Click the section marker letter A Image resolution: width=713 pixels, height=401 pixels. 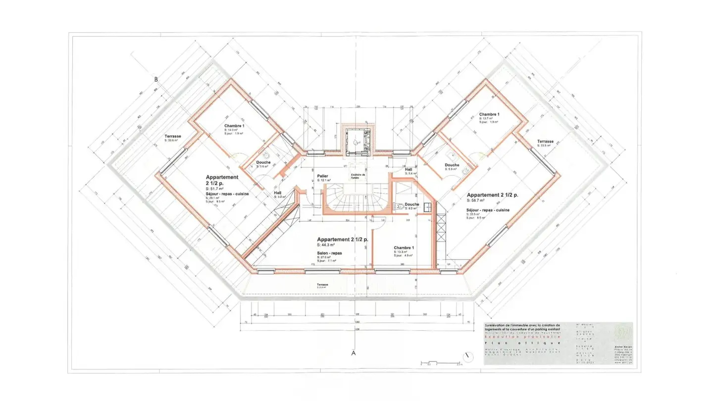pyautogui.click(x=354, y=353)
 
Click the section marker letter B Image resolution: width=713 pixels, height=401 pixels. pyautogui.click(x=155, y=79)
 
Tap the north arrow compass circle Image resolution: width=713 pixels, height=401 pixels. pyautogui.click(x=466, y=356)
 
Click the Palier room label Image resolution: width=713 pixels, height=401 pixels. pyautogui.click(x=322, y=176)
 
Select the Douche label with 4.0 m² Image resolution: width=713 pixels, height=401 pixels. pyautogui.click(x=411, y=204)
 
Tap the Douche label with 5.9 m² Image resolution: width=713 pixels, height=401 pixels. pyautogui.click(x=452, y=165)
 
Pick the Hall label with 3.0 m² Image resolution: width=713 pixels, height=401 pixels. pyautogui.click(x=278, y=193)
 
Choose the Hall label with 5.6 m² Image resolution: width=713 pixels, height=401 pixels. pyautogui.click(x=408, y=169)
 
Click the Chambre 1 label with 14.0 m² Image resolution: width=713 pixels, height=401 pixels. pyautogui.click(x=234, y=126)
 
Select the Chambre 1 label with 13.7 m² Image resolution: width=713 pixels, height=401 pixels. pyautogui.click(x=489, y=114)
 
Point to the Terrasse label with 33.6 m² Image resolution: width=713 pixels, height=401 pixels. pyautogui.click(x=173, y=136)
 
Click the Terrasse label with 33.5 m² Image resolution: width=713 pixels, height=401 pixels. pyautogui.click(x=545, y=142)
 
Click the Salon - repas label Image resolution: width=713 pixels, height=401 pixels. pyautogui.click(x=329, y=252)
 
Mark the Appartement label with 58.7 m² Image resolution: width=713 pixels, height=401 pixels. pyautogui.click(x=492, y=195)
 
